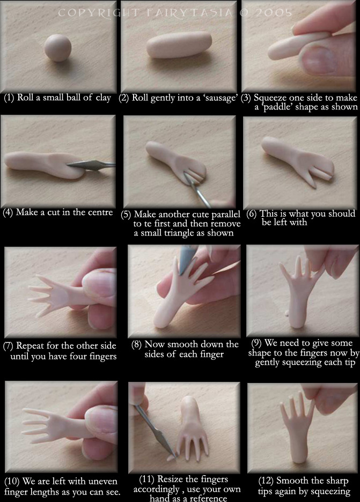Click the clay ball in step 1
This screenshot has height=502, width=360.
[57, 48]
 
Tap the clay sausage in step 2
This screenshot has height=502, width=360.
[179, 45]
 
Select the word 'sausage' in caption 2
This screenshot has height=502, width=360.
[217, 98]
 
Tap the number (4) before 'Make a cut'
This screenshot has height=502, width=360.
[8, 212]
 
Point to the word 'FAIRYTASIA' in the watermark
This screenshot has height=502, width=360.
[189, 13]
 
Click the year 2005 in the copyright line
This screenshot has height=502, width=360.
[274, 13]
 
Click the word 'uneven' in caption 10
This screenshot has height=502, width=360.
[102, 481]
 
